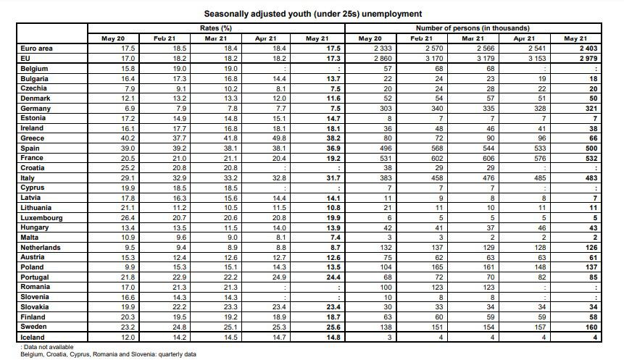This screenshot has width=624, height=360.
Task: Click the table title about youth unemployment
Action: [313, 14]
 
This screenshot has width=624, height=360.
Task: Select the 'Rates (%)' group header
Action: [216, 28]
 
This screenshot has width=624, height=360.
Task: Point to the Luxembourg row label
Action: [41, 217]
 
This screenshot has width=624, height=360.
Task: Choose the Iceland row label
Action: [33, 337]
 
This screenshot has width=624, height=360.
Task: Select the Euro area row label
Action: [37, 48]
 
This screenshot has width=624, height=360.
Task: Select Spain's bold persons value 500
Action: [589, 148]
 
